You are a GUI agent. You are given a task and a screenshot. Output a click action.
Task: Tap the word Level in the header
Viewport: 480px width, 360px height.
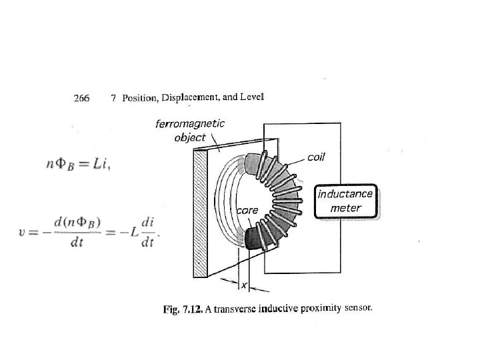(x=253, y=97)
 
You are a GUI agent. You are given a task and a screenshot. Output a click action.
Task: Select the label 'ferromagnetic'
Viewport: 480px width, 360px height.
(x=190, y=123)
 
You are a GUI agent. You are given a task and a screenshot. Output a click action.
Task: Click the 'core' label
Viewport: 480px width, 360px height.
(x=247, y=211)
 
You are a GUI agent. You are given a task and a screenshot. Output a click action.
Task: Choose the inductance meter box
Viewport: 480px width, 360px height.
(x=346, y=201)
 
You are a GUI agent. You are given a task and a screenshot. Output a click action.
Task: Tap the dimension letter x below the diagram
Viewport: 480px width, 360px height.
(x=243, y=285)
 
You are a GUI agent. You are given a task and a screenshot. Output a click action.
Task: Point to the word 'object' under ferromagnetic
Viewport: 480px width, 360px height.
(x=190, y=137)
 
